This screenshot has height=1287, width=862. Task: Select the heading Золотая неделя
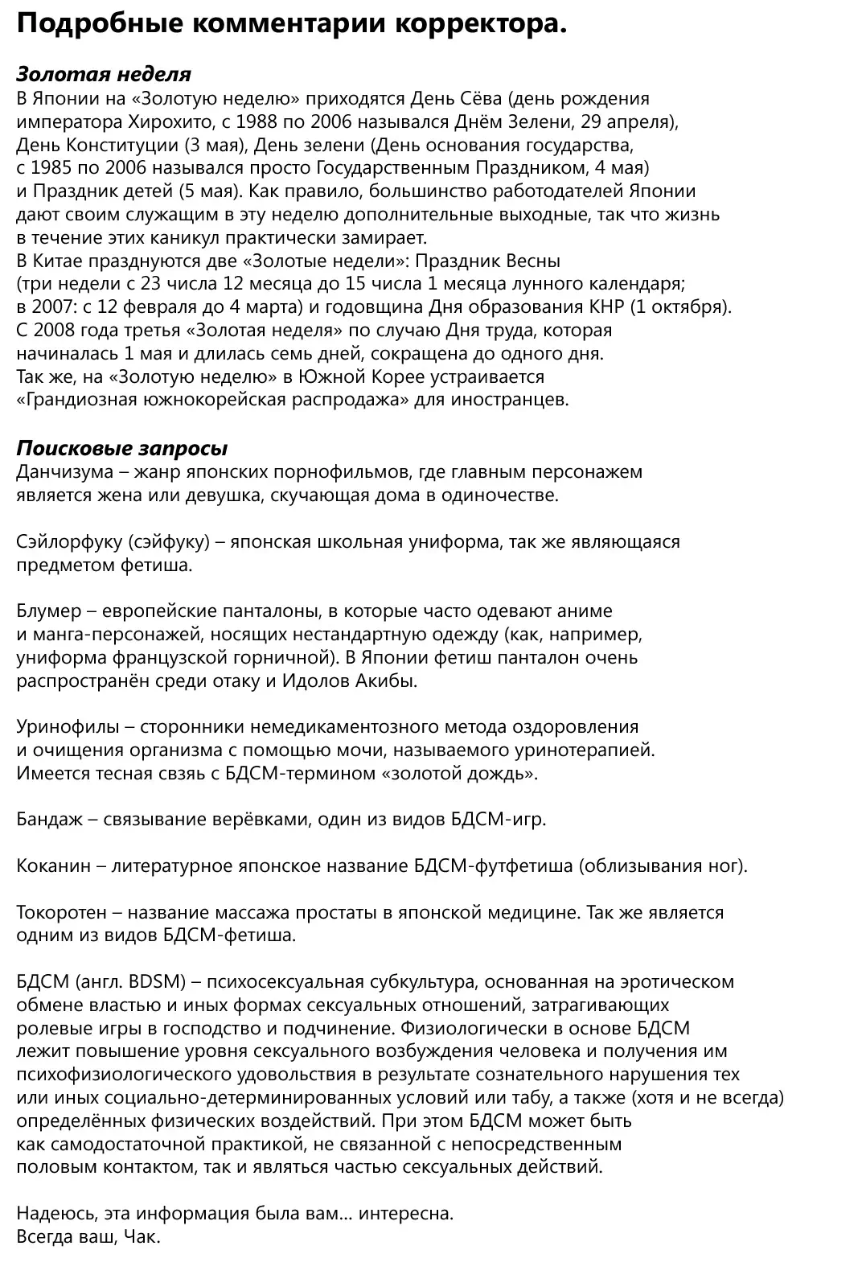click(x=104, y=75)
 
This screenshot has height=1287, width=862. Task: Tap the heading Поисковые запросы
click(x=122, y=448)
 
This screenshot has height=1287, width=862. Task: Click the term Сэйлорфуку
click(x=68, y=541)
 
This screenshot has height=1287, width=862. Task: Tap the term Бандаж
click(x=47, y=820)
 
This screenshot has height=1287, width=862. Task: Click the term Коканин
click(x=53, y=866)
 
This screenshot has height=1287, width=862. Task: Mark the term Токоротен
click(x=60, y=913)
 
